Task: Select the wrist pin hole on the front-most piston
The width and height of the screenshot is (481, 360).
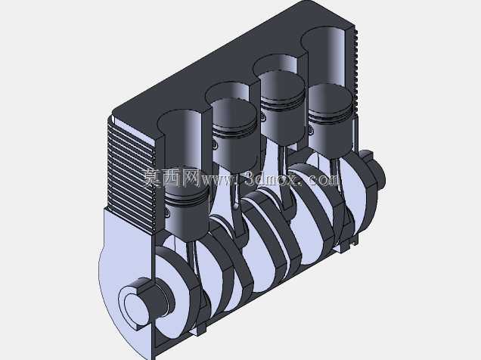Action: [166, 211]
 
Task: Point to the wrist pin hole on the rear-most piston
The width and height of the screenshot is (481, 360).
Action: [311, 131]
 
